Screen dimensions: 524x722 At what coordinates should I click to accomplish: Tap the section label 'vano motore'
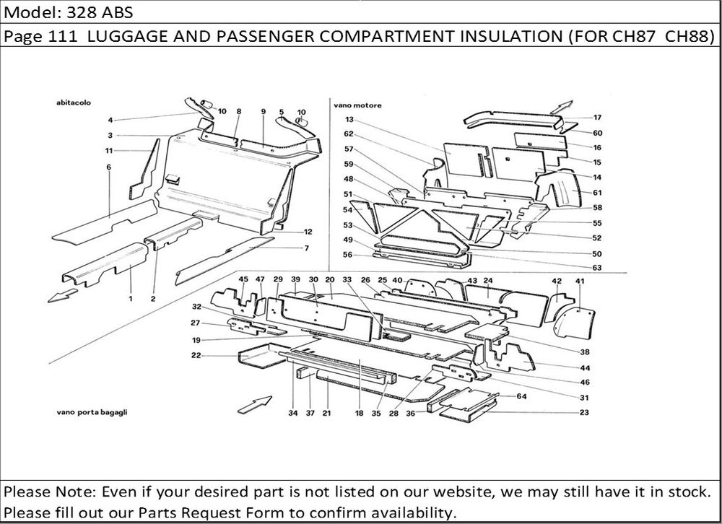click(x=357, y=105)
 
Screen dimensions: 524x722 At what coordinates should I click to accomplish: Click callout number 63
click(x=596, y=268)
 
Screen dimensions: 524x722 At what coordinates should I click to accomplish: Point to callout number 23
click(x=583, y=413)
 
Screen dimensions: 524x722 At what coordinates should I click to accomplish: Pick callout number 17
click(x=597, y=117)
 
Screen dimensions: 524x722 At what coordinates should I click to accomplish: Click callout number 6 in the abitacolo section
click(x=108, y=167)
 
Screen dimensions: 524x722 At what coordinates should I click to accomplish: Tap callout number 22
click(x=196, y=355)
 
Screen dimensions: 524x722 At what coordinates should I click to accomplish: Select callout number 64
click(x=522, y=396)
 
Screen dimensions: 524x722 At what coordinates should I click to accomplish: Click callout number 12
click(x=308, y=232)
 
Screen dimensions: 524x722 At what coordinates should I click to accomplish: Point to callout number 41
click(x=579, y=281)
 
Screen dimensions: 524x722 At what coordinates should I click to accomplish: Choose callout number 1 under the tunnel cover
click(x=131, y=297)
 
